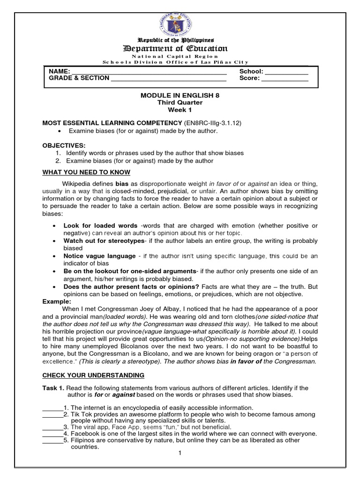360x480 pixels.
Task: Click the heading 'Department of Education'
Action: coord(175,49)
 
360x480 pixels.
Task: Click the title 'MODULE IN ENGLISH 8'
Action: coord(180,95)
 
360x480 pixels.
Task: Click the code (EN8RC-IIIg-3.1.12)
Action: coord(210,123)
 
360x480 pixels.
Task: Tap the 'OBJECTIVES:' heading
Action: coord(64,145)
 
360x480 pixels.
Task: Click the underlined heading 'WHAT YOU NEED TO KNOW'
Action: coord(86,172)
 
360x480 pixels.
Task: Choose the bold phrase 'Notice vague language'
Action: coord(99,256)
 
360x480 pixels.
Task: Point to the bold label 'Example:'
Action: coord(57,301)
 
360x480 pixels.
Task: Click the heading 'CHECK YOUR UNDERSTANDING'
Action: coord(93,375)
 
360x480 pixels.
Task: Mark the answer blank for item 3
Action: coord(52,428)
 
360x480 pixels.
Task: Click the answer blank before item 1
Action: coord(52,408)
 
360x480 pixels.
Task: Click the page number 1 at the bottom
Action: coord(180,453)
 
